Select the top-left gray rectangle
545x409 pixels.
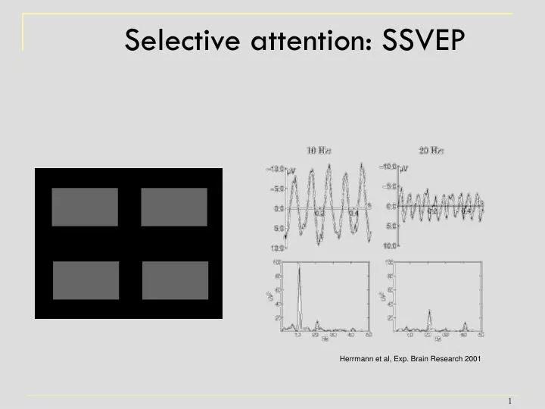click(x=85, y=207)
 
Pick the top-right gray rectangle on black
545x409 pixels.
click(x=174, y=207)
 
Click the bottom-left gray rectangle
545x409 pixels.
click(x=86, y=280)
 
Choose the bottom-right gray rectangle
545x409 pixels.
click(x=175, y=280)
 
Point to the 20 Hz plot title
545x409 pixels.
click(x=432, y=150)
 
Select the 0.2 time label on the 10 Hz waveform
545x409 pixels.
click(x=319, y=214)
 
